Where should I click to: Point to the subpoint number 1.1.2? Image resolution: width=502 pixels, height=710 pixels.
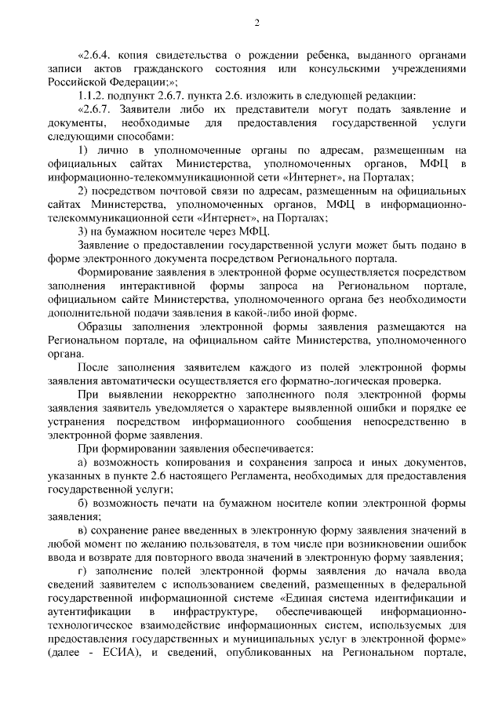pos(95,94)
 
